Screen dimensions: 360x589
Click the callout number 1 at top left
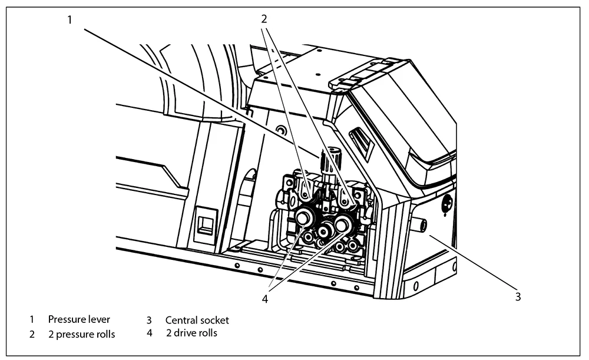(69, 20)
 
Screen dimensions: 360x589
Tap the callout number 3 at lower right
(518, 296)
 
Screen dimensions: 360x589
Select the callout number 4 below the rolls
(265, 299)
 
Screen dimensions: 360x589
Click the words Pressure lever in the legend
(79, 320)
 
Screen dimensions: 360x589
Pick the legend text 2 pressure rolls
(81, 335)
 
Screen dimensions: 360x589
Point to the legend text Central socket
(197, 321)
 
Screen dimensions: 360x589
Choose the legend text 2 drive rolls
(191, 334)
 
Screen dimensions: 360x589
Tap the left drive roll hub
(303, 217)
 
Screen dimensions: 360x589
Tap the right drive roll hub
(342, 223)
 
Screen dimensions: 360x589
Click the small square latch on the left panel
(205, 223)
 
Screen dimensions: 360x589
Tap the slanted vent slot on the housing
(360, 142)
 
